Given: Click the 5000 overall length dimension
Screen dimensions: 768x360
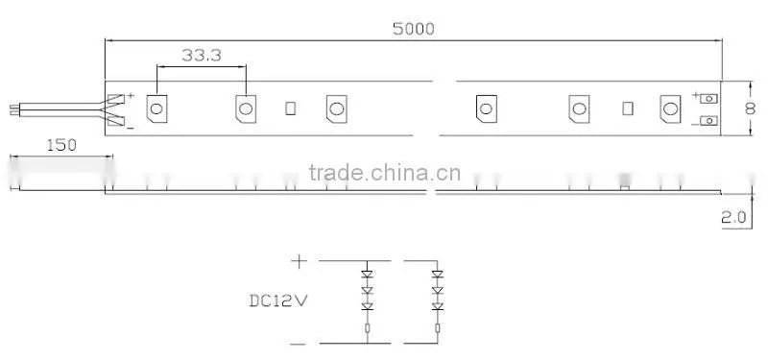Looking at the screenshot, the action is tap(414, 30).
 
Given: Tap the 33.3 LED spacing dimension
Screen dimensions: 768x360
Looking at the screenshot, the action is tap(202, 56).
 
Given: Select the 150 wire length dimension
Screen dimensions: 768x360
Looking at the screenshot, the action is tap(61, 146).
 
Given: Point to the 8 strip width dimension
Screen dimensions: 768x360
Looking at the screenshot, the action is tap(750, 108).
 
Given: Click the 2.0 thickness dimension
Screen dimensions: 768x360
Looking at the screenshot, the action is tap(733, 217).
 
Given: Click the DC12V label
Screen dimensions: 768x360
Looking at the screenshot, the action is tap(278, 300).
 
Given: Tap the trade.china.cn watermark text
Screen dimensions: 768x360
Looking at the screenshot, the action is tap(385, 173).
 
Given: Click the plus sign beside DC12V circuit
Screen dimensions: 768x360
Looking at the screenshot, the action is tap(299, 261).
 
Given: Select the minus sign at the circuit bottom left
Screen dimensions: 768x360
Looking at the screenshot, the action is tap(298, 345).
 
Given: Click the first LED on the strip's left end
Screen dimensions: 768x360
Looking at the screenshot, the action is tap(156, 108).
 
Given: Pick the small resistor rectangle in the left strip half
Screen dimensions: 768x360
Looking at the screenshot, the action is tap(291, 108).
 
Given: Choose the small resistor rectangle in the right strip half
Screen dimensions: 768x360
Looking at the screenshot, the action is tap(628, 108).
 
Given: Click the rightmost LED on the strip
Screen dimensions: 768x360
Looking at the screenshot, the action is tap(670, 108).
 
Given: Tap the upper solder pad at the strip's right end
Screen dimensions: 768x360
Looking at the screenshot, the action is tap(708, 99).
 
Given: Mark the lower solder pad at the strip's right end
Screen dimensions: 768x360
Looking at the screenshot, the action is tap(708, 120).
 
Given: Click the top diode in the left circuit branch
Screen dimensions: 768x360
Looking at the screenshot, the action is tap(368, 275).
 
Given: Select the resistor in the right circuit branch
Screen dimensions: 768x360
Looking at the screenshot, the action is tap(438, 327).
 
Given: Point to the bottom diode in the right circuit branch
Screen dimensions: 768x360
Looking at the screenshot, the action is tap(438, 306).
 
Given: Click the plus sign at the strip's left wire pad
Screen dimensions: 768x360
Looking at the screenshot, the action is tap(131, 95).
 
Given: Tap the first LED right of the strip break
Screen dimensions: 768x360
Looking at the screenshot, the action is tap(487, 108).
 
